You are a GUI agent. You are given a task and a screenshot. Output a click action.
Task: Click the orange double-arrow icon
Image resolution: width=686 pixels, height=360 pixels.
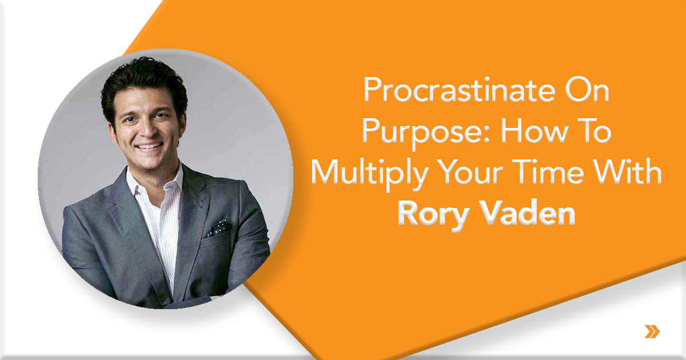click(x=652, y=331)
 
